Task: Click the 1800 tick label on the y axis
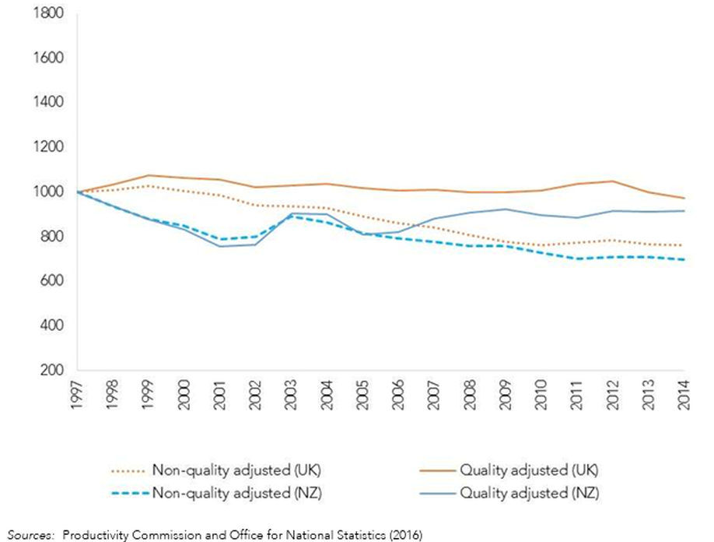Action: tap(50, 14)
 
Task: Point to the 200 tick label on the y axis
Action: tap(54, 371)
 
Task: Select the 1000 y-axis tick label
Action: tap(50, 192)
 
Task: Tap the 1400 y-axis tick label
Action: tap(50, 103)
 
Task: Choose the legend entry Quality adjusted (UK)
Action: tap(528, 470)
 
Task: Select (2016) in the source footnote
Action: tap(403, 535)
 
